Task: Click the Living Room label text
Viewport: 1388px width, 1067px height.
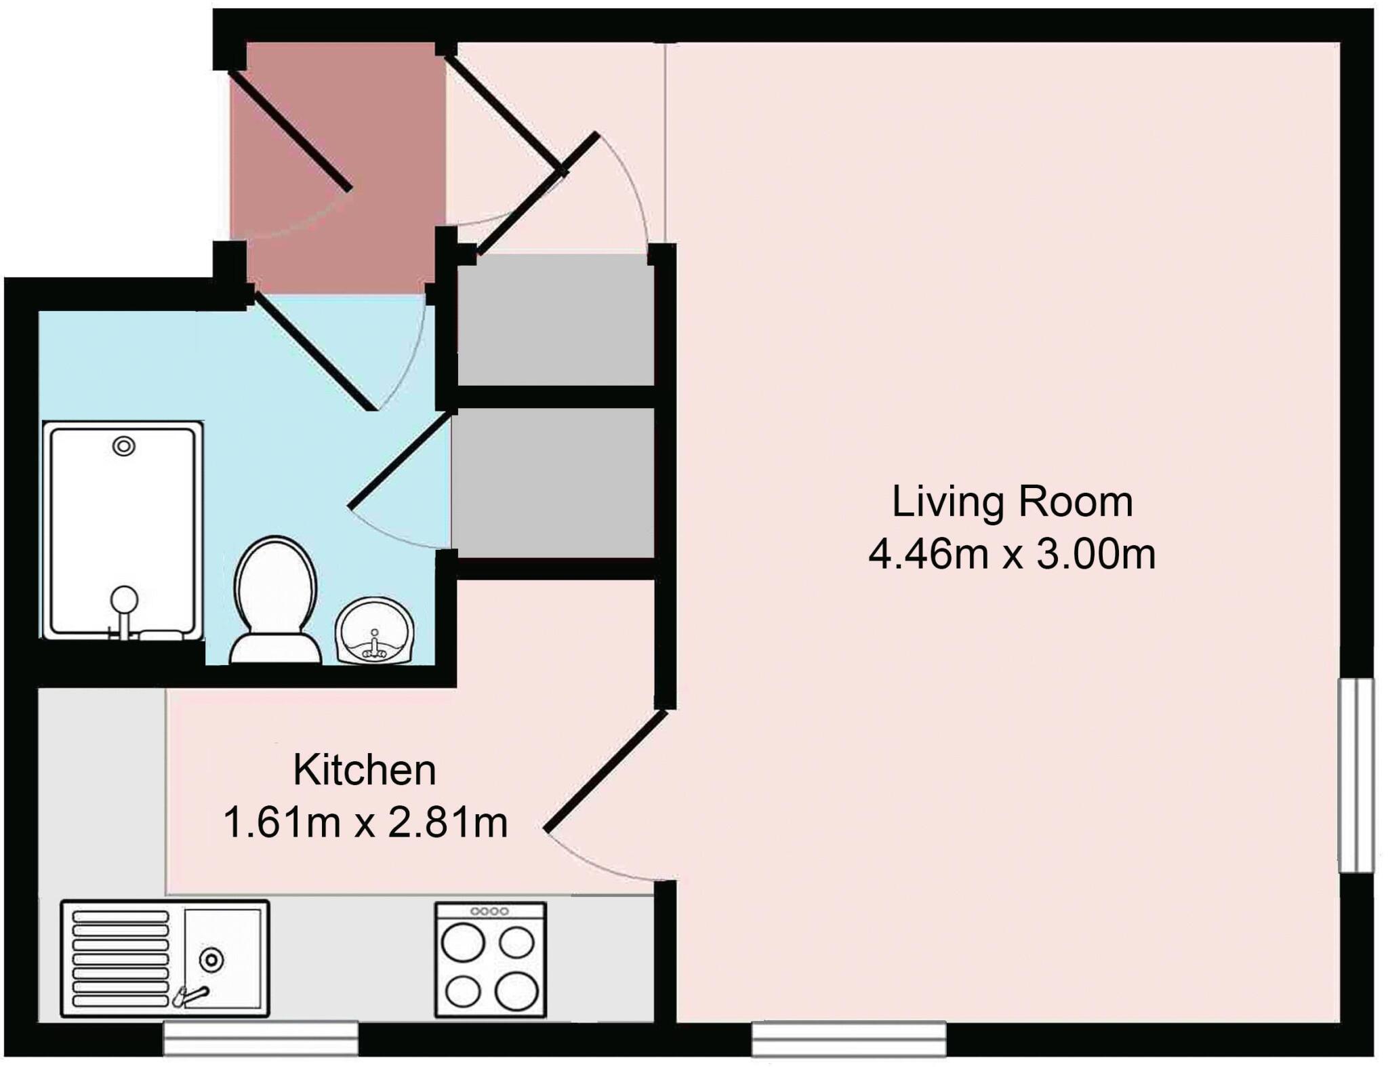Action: [x=1011, y=503]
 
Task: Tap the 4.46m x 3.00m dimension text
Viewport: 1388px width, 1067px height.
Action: [x=1011, y=555]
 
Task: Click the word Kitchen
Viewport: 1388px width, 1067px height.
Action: [x=364, y=771]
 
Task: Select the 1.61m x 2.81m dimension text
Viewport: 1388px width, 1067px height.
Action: [x=365, y=823]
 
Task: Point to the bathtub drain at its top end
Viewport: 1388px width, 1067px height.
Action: [x=124, y=446]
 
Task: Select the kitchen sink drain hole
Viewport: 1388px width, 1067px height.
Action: [x=211, y=959]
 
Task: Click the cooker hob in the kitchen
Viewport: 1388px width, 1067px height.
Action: [x=490, y=959]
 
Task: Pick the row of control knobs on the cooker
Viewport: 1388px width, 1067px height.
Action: [x=490, y=911]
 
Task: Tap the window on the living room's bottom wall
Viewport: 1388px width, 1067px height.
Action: [x=849, y=1039]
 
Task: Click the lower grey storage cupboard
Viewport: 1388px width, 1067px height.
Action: [x=552, y=483]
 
